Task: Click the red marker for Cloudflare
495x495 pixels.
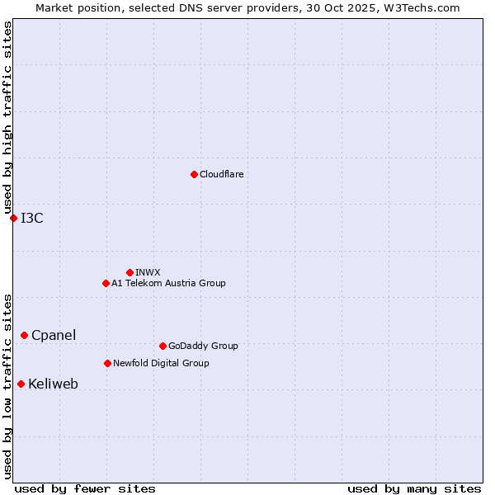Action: [x=194, y=174]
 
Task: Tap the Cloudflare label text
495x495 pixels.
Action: [x=222, y=175]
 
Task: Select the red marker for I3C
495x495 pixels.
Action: [x=13, y=218]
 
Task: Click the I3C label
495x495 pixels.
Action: [x=32, y=218]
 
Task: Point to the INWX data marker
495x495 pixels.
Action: [x=130, y=272]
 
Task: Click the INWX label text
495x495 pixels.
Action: [x=148, y=273]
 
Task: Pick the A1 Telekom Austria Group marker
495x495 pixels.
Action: [x=106, y=283]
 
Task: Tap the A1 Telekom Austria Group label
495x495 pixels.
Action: [x=168, y=284]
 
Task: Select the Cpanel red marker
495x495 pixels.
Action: [x=24, y=335]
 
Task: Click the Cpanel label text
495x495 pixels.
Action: [x=54, y=336]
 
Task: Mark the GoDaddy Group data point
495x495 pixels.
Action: [x=163, y=346]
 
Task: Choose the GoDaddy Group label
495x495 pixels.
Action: [x=203, y=346]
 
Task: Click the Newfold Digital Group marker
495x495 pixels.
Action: [x=107, y=363]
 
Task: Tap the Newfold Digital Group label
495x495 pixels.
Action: [x=161, y=364]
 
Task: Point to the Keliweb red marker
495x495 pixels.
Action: [x=21, y=384]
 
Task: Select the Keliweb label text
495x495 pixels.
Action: [x=53, y=384]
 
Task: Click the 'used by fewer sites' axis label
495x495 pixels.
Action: [x=85, y=489]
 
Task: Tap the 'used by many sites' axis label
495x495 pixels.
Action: [x=414, y=489]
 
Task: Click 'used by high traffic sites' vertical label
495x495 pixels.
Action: [x=7, y=117]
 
